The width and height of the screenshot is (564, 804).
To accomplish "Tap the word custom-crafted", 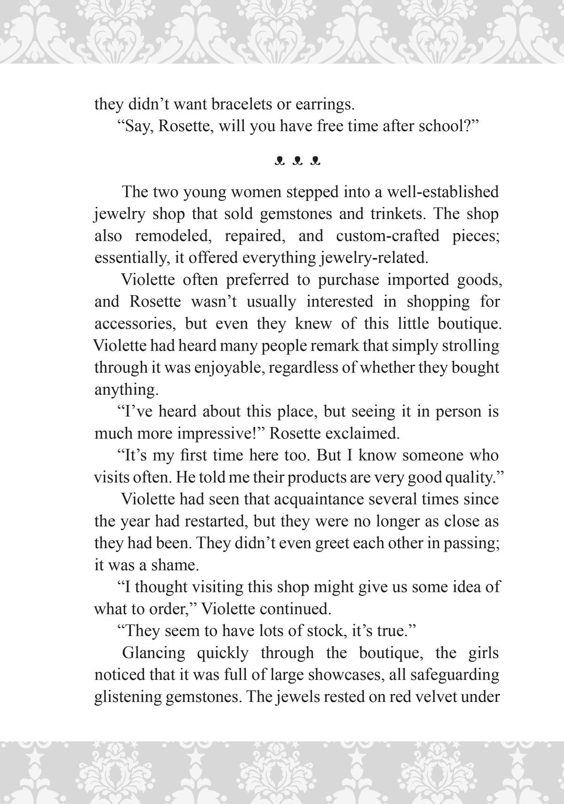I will coord(387,236).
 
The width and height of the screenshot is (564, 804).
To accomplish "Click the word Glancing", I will coord(154,653).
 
